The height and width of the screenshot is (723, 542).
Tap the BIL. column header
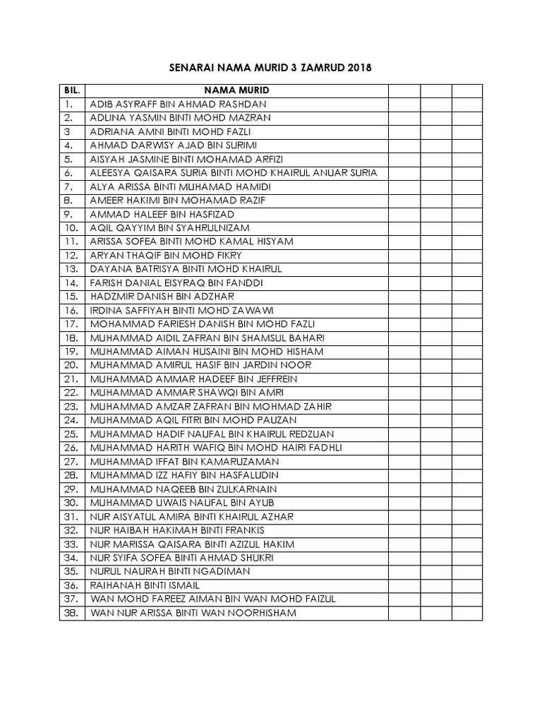pyautogui.click(x=72, y=90)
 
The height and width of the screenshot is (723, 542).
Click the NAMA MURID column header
pyautogui.click(x=236, y=90)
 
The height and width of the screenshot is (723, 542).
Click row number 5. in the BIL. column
pyautogui.click(x=68, y=159)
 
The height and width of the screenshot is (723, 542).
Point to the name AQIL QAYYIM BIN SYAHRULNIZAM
pyautogui.click(x=169, y=228)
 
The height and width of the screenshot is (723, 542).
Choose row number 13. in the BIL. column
pyautogui.click(x=71, y=269)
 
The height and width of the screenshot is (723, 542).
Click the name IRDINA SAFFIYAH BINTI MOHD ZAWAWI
pyautogui.click(x=181, y=311)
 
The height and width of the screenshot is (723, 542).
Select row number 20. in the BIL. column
pyautogui.click(x=71, y=365)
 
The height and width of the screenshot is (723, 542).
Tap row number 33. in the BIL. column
pyautogui.click(x=71, y=544)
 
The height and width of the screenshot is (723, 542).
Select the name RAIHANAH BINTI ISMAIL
pyautogui.click(x=145, y=585)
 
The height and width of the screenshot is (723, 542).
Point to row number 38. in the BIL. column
pyautogui.click(x=71, y=613)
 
